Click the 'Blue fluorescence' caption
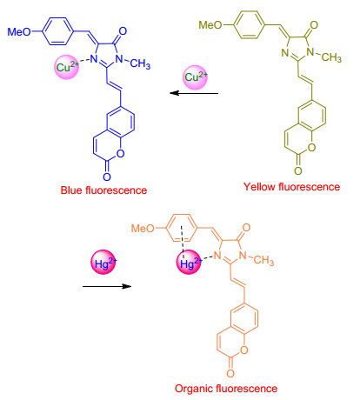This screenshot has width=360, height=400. (103, 190)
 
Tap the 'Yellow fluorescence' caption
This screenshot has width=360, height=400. (291, 187)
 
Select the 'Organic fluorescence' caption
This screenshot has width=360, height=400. (226, 389)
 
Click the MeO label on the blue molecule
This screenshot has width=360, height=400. (19, 31)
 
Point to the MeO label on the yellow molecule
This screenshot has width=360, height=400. (210, 25)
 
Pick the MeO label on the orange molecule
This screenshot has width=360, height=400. (143, 229)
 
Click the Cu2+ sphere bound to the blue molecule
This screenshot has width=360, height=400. (67, 67)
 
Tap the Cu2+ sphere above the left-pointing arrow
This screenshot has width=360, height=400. (196, 77)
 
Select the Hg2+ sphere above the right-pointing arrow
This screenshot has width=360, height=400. (103, 262)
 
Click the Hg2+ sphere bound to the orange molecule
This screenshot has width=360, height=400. (189, 262)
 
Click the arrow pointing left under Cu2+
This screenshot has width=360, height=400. (194, 93)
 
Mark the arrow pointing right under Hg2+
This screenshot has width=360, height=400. (107, 286)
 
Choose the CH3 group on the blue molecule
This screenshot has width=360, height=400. (140, 63)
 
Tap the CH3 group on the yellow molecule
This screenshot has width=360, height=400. (331, 57)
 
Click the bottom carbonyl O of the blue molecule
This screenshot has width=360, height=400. (107, 177)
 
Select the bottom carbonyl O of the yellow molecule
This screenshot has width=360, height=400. (298, 170)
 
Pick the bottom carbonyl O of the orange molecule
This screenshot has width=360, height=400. (230, 373)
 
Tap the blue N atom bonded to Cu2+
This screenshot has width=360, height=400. (94, 59)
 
